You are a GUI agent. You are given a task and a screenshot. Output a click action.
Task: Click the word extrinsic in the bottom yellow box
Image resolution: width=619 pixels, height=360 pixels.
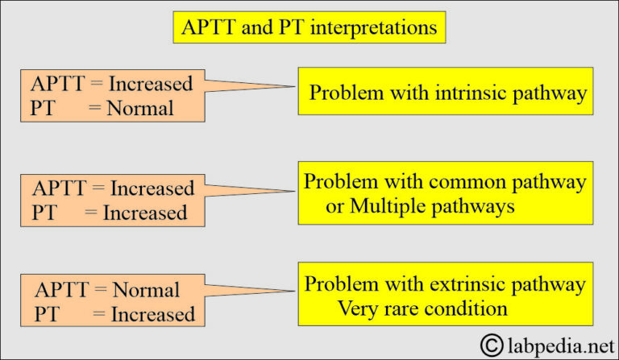tap(462, 284)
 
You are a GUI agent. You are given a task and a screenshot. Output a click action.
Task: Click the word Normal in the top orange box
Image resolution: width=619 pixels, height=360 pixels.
tap(140, 108)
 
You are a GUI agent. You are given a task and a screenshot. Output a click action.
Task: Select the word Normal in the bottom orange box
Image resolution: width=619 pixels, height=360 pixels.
tap(146, 289)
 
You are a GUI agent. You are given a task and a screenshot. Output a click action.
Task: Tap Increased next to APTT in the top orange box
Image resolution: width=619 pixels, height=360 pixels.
tap(151, 84)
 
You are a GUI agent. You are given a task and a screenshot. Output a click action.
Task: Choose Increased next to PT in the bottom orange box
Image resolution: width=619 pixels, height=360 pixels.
tap(154, 313)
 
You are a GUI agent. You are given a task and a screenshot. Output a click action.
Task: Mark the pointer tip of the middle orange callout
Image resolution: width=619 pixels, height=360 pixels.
tap(295, 192)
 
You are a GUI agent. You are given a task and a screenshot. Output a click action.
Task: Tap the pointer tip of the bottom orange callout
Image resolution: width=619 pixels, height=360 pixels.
tap(295, 292)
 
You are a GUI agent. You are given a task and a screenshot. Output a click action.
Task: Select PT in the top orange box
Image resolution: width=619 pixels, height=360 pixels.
tap(43, 108)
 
